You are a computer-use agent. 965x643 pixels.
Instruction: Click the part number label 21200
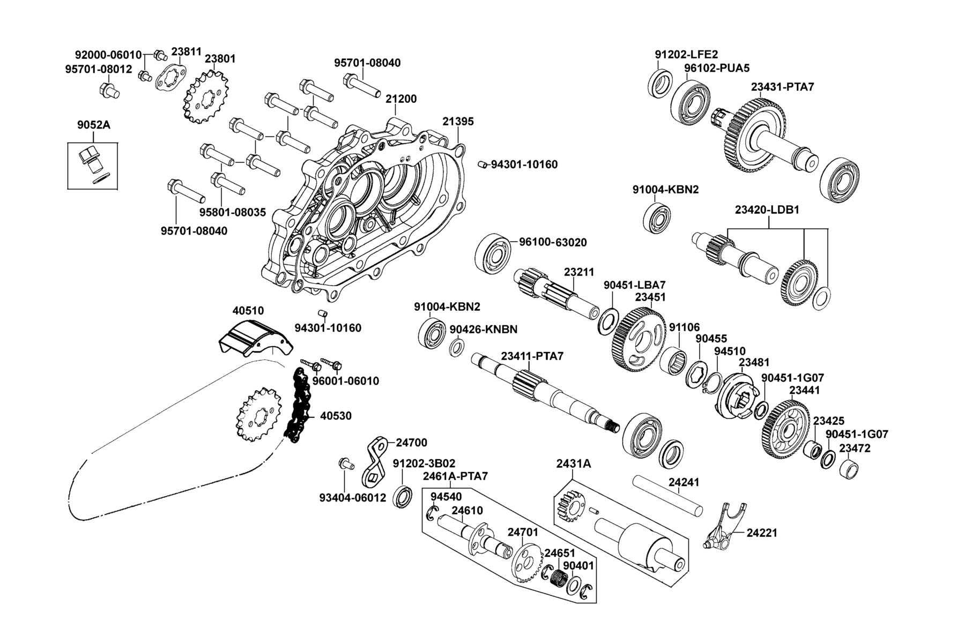click(x=400, y=99)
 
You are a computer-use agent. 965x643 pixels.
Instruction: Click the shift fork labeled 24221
click(x=724, y=527)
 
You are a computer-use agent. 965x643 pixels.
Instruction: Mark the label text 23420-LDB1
click(x=767, y=210)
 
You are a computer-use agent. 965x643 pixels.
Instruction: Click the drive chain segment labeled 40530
click(x=298, y=405)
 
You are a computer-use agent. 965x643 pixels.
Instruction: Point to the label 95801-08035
click(x=233, y=213)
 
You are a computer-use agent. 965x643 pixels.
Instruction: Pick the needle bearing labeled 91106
click(x=672, y=362)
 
